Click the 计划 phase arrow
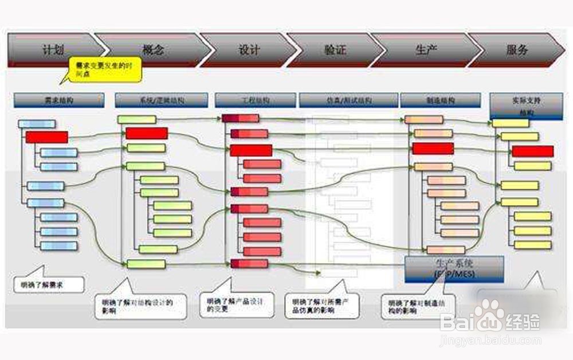pyautogui.click(x=52, y=50)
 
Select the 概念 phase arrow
pyautogui.click(x=152, y=50)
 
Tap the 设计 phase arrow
pyautogui.click(x=248, y=50)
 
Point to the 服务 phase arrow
pyautogui.click(x=516, y=50)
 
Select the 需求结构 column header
pyautogui.click(x=59, y=100)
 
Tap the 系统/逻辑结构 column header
pyautogui.click(x=161, y=100)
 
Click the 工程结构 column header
pyautogui.click(x=254, y=100)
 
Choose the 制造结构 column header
pyautogui.click(x=439, y=100)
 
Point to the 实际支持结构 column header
pyautogui.click(x=526, y=105)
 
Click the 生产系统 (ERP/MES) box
pyautogui.click(x=454, y=269)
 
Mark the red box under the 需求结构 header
pyautogui.click(x=46, y=137)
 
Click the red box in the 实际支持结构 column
pyautogui.click(x=532, y=151)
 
